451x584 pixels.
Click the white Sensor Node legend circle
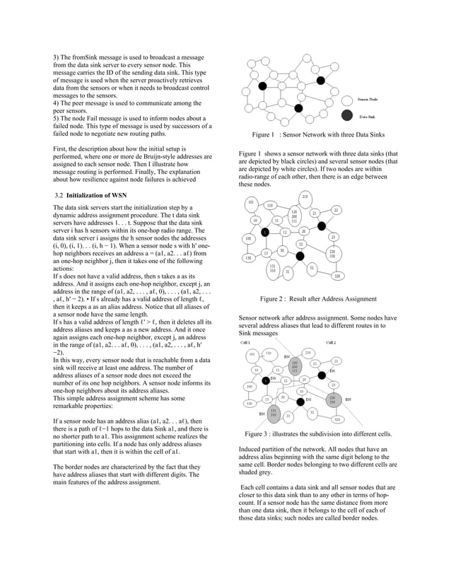(346, 99)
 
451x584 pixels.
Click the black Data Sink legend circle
(346, 115)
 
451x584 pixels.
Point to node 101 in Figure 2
(250, 203)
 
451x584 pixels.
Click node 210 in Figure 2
(305, 196)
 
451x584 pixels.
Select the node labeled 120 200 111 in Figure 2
(294, 216)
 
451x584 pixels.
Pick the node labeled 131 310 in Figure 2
(272, 268)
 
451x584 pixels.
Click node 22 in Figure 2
(336, 211)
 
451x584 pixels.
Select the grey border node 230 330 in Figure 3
(332, 399)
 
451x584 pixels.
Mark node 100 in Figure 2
(248, 239)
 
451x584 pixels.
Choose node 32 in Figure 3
(312, 412)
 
